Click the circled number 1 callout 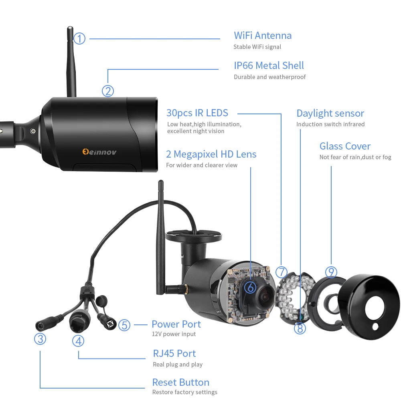click(79, 39)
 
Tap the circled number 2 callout click(107, 91)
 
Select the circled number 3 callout click(40, 339)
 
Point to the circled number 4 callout click(78, 341)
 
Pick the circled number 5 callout click(124, 325)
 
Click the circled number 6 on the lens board click(249, 287)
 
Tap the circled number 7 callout click(282, 272)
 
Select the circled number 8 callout click(300, 328)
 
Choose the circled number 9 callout click(331, 272)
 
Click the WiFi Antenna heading click(263, 35)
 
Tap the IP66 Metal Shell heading click(269, 65)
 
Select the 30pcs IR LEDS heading click(197, 113)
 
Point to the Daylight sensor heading click(330, 113)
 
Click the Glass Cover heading click(345, 146)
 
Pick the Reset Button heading click(180, 382)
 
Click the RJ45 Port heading click(174, 353)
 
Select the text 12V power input click(174, 334)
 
